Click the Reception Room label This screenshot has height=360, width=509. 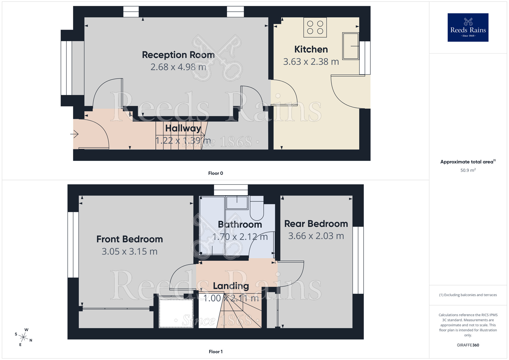coord(178,55)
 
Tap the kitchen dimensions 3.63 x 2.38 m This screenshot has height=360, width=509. coord(311,62)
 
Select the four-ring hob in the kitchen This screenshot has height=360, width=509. coord(315,27)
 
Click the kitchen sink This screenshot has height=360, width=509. coord(350,46)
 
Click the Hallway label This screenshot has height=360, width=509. coord(183,128)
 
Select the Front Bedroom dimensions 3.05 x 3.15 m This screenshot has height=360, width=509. coord(130,252)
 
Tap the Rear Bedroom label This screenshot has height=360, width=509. coord(316,224)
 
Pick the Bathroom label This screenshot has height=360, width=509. coord(240,225)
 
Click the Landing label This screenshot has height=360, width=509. coord(231,286)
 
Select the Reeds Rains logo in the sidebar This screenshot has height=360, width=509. coord(468,27)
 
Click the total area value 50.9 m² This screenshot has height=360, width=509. coord(468,170)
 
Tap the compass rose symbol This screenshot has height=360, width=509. coord(23,337)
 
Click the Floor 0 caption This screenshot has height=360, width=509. coord(215,173)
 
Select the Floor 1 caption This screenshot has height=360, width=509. coord(215,352)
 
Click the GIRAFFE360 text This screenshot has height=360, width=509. coord(468,345)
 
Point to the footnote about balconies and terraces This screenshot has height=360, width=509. coord(468,295)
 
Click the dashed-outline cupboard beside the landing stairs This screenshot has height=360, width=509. coord(176,313)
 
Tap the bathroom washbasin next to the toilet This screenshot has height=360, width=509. coord(237,203)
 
